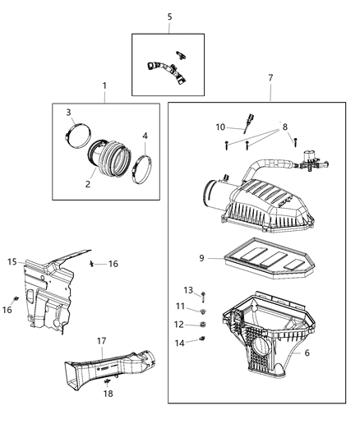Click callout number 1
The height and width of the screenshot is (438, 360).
pos(104,85)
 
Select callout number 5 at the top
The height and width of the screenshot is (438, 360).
pos(169,16)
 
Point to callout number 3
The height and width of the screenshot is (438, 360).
pos(69,113)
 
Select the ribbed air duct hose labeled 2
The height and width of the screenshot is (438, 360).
pos(111,155)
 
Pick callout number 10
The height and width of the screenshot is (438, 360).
pos(220,127)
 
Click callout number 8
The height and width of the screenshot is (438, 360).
pos(286,127)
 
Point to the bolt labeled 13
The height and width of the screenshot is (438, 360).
pos(203,296)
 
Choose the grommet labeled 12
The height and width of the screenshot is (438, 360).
pos(202,325)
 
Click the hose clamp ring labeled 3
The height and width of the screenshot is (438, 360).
pos(80,131)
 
